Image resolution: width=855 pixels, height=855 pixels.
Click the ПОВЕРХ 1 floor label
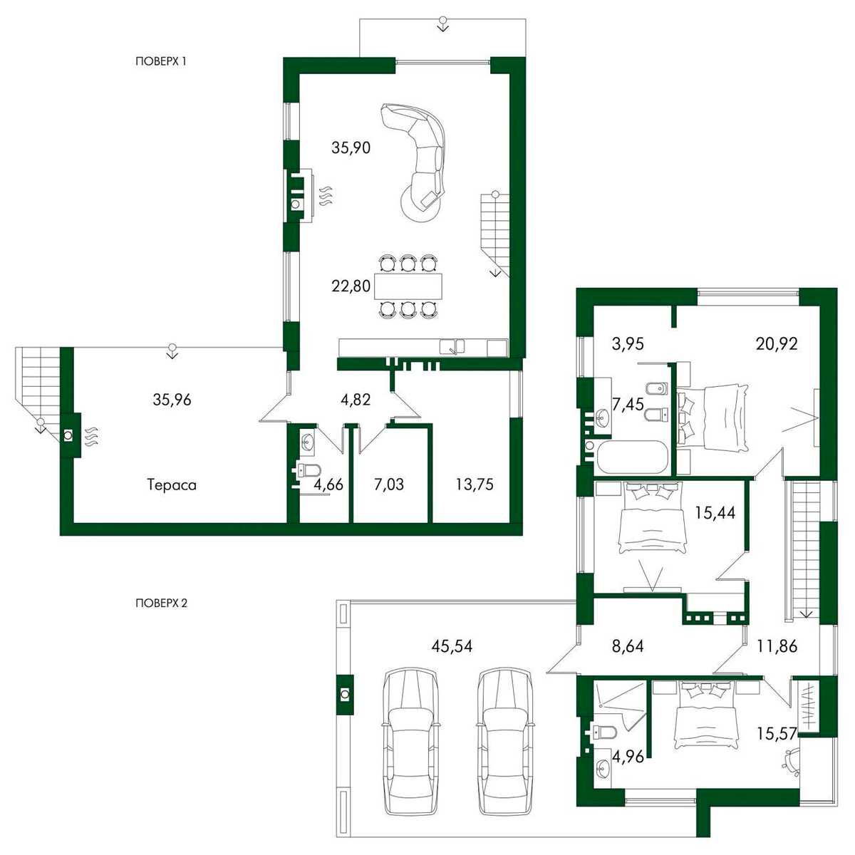click(x=160, y=62)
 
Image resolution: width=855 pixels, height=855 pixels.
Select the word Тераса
click(x=172, y=485)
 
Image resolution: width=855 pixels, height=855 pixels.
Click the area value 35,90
click(x=351, y=147)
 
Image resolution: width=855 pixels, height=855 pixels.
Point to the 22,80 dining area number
click(x=351, y=286)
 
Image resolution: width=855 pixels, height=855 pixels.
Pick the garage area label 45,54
click(x=452, y=646)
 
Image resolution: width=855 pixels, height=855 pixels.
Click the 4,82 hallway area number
click(x=355, y=400)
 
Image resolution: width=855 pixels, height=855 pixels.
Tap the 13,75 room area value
click(x=475, y=484)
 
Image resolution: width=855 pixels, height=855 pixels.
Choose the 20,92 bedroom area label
click(x=777, y=344)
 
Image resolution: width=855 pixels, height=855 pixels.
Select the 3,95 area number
click(x=628, y=344)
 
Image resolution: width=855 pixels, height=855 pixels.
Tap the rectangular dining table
click(x=409, y=286)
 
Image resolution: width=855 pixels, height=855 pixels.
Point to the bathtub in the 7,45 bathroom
click(x=632, y=457)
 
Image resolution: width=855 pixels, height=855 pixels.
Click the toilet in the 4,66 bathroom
click(x=309, y=470)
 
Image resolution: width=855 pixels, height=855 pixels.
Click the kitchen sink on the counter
click(x=452, y=346)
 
